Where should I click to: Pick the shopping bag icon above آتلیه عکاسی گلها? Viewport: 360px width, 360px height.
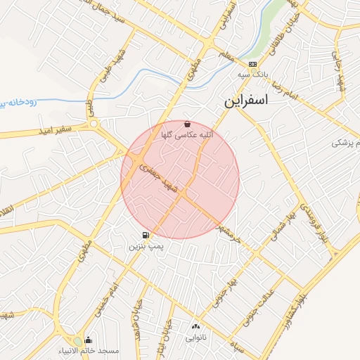186,124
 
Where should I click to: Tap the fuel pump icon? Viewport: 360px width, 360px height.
145,236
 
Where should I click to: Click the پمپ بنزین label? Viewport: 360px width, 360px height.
146,247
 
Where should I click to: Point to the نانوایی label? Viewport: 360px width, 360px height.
195,337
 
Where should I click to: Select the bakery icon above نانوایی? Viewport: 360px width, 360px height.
195,327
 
